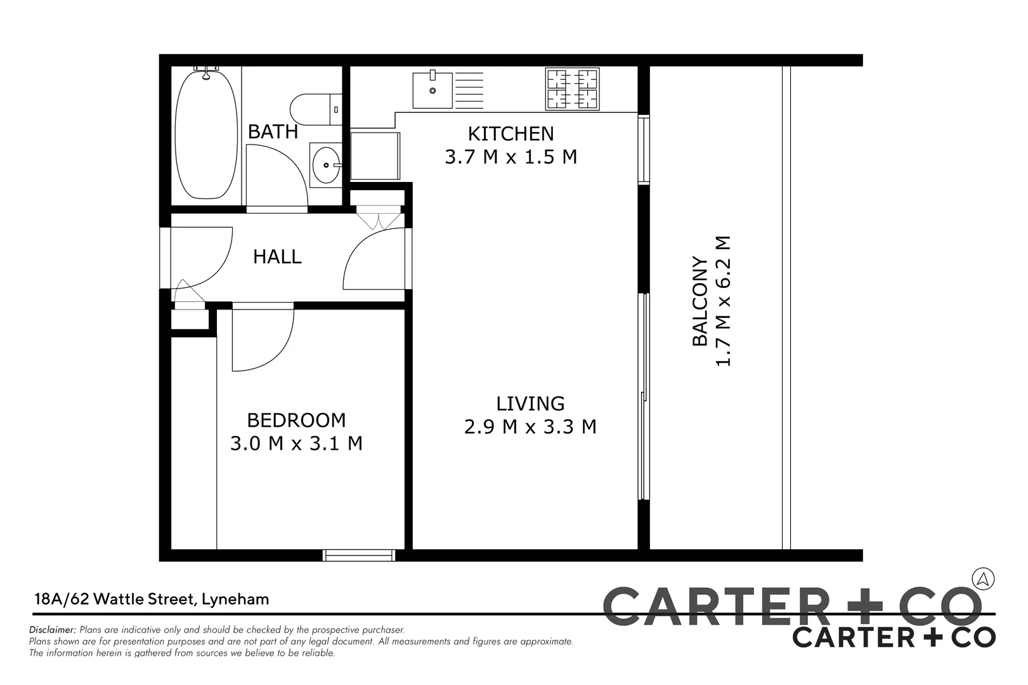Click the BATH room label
click(x=273, y=131)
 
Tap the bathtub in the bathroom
click(x=205, y=134)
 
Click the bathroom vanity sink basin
click(x=325, y=165)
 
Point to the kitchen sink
click(x=433, y=90)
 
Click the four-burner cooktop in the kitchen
click(x=572, y=89)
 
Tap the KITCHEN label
click(x=511, y=134)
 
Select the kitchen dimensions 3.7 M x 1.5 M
click(x=511, y=157)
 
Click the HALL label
click(x=277, y=257)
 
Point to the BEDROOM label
click(x=296, y=420)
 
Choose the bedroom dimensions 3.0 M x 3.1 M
click(x=296, y=443)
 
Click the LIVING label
click(x=530, y=403)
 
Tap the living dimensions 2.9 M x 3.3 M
click(x=530, y=426)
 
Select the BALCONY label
click(x=699, y=301)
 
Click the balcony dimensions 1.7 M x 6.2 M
click(x=723, y=301)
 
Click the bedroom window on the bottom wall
click(x=359, y=556)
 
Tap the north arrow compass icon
click(x=983, y=578)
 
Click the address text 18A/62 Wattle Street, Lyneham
click(x=152, y=599)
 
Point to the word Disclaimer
click(x=53, y=630)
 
